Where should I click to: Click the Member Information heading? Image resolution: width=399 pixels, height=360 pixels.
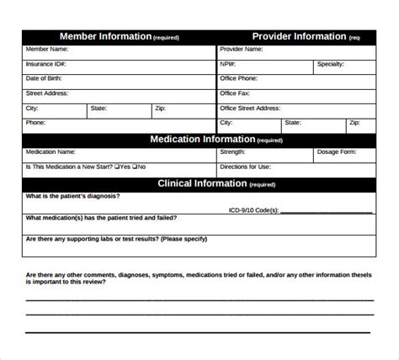point(105,36)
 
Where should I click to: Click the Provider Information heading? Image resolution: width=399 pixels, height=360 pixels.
point(299,36)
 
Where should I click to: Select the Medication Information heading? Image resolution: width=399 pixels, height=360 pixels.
point(202,139)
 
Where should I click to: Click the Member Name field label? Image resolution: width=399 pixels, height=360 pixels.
point(48,50)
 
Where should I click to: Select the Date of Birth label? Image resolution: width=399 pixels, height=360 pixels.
point(45,78)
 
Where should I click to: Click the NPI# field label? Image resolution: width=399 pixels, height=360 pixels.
point(228,64)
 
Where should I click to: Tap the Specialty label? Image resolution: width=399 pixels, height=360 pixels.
point(330,64)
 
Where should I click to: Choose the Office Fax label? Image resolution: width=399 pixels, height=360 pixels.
point(236,93)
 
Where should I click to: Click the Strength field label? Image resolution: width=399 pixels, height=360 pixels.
point(232,152)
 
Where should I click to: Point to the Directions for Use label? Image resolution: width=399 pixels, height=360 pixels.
point(245,167)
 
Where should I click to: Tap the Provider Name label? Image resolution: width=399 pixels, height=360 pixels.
point(242,50)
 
